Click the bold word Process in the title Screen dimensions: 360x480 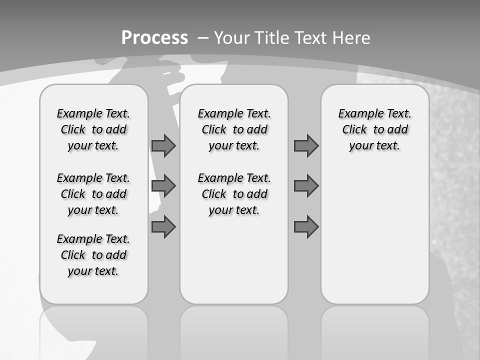(154, 38)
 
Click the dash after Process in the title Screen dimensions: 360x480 (202, 38)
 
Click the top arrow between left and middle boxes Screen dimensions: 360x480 (163, 146)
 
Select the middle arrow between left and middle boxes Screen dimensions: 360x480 (163, 186)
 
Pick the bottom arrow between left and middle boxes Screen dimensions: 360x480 (163, 226)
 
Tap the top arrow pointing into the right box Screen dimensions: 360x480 (306, 146)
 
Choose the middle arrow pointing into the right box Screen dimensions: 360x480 (306, 186)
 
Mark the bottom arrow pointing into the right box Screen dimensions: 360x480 (306, 226)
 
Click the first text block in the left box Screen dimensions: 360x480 (93, 129)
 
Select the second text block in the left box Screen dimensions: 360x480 (93, 194)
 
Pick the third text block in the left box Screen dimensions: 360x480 (93, 255)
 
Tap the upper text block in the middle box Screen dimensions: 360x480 (234, 129)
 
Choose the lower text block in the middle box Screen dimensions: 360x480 (234, 194)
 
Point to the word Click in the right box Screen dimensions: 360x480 (354, 130)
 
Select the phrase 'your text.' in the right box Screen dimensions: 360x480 (374, 146)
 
